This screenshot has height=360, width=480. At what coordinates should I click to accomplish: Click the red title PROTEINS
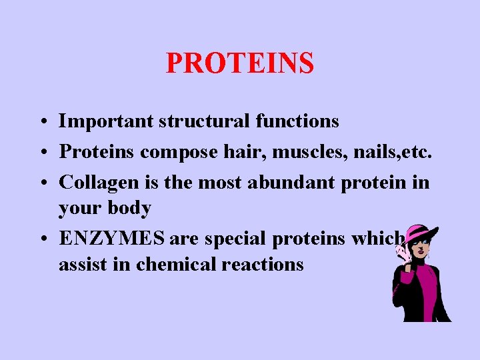tap(239, 63)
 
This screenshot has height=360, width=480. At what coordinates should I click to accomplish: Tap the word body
tap(129, 208)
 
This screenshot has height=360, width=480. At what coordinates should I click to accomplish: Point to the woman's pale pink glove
tap(403, 250)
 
